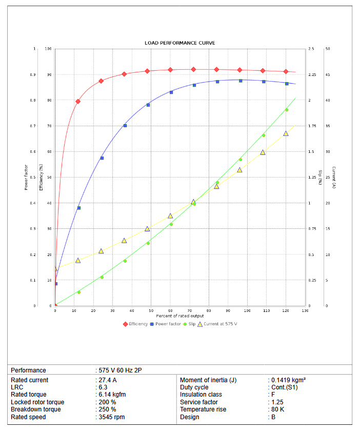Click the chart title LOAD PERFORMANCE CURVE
(x=179, y=43)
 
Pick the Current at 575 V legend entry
(x=220, y=324)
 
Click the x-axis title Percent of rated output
(x=180, y=316)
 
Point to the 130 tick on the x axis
(x=305, y=311)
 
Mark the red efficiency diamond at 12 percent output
(x=78, y=102)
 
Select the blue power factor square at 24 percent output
(x=102, y=158)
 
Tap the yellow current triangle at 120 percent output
(x=286, y=133)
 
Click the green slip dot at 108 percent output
(x=264, y=135)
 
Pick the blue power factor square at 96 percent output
(x=241, y=81)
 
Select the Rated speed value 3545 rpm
(x=112, y=417)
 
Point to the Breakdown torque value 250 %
(x=107, y=409)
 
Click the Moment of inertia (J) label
(x=208, y=380)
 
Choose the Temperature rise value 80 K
(x=277, y=409)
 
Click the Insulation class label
(x=201, y=395)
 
